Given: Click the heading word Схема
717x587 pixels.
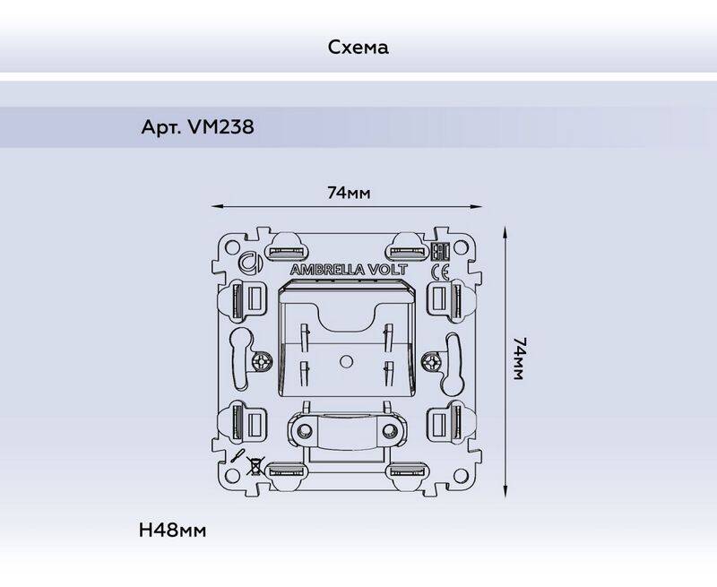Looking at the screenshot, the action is (358, 47).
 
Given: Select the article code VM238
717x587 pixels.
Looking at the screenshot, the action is (220, 126).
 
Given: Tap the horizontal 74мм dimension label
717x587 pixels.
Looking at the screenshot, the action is (349, 193).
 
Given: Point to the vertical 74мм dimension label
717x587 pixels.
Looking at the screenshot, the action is (520, 358).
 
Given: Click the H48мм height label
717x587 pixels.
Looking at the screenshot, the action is (172, 531).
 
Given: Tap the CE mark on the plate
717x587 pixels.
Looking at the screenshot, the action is (440, 273).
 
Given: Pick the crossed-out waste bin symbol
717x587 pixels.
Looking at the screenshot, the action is (254, 466).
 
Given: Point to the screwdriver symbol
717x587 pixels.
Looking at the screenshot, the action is (238, 457).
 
